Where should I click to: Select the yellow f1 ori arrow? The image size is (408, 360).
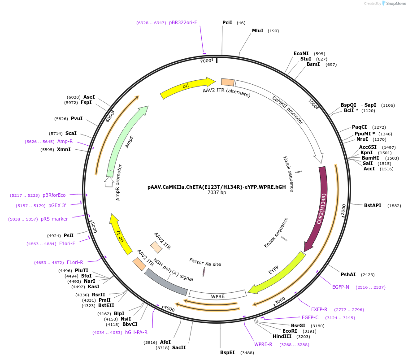pyautogui.click(x=120, y=235)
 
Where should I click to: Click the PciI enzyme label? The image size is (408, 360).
pyautogui.click(x=227, y=22)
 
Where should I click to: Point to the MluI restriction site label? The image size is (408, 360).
pyautogui.click(x=257, y=30)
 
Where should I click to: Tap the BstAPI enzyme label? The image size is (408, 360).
pyautogui.click(x=373, y=205)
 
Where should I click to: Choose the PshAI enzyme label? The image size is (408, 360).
pyautogui.click(x=348, y=274)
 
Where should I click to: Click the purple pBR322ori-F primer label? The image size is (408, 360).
pyautogui.click(x=183, y=22)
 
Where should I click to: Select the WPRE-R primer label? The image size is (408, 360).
pyautogui.click(x=263, y=344)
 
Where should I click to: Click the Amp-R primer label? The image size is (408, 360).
pyautogui.click(x=65, y=141)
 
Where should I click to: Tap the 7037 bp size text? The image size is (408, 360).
pyautogui.click(x=217, y=193)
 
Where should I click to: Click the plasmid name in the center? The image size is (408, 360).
pyautogui.click(x=217, y=187)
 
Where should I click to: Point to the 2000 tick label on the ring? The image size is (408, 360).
pyautogui.click(x=344, y=210)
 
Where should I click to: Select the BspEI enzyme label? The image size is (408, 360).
pyautogui.click(x=227, y=353)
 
